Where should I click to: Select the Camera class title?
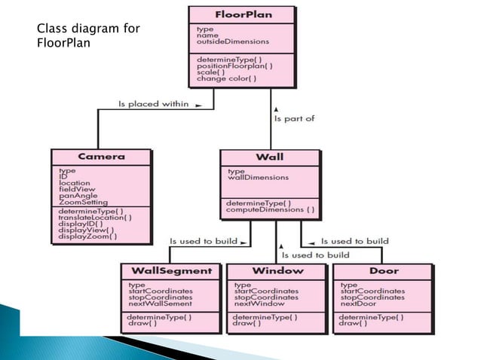tap(100, 157)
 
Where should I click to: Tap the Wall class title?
tap(269, 157)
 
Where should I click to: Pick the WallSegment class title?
tap(172, 270)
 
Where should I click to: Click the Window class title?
tap(277, 270)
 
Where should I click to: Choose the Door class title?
tap(383, 270)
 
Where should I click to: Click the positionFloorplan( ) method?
tap(234, 66)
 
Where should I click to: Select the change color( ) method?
tap(226, 78)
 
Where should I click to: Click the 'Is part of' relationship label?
tap(294, 118)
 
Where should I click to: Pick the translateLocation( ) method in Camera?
tap(94, 218)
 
